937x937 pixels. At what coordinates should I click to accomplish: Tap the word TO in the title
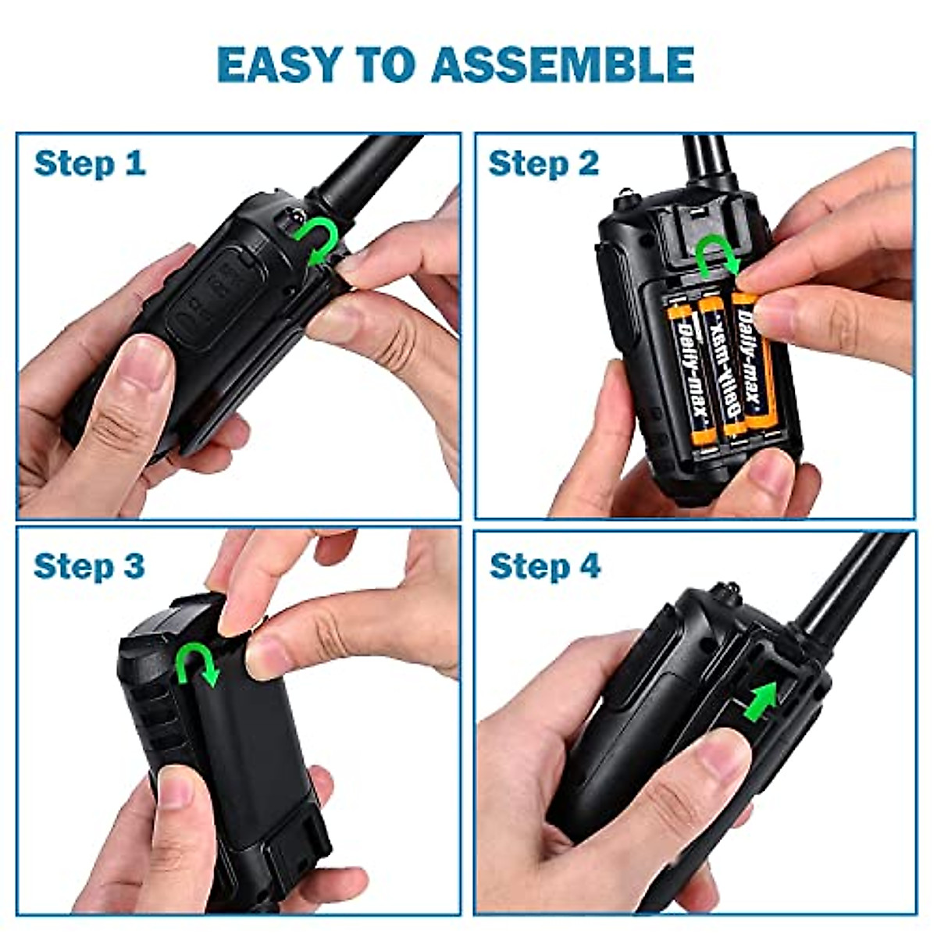pyautogui.click(x=388, y=65)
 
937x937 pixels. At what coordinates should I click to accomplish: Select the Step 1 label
pyautogui.click(x=90, y=165)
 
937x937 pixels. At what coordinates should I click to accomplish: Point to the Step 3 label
pyautogui.click(x=90, y=566)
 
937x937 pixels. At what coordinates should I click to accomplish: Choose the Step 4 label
pyautogui.click(x=545, y=566)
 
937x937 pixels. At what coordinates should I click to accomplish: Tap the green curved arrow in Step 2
pyautogui.click(x=717, y=257)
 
